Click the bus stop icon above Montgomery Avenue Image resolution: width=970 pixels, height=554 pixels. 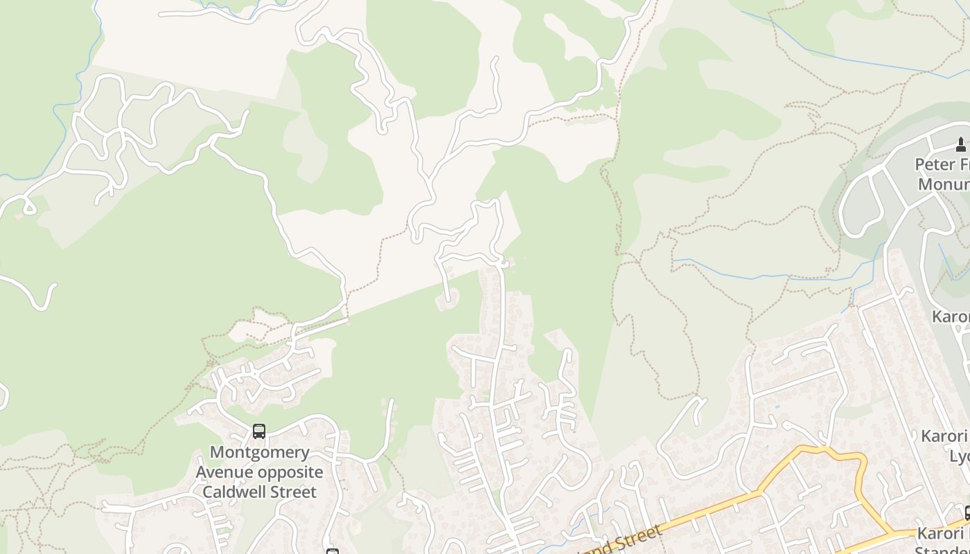(x=258, y=431)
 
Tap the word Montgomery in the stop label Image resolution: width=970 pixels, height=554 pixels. (x=260, y=452)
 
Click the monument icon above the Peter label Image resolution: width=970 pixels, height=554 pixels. (x=960, y=144)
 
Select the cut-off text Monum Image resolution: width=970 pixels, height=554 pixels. (x=944, y=184)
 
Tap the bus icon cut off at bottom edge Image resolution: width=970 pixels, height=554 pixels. (x=333, y=551)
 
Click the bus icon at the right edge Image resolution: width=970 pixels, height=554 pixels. (x=967, y=512)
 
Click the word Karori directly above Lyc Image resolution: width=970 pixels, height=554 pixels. (x=944, y=436)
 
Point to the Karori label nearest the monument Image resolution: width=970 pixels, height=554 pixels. (x=951, y=316)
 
